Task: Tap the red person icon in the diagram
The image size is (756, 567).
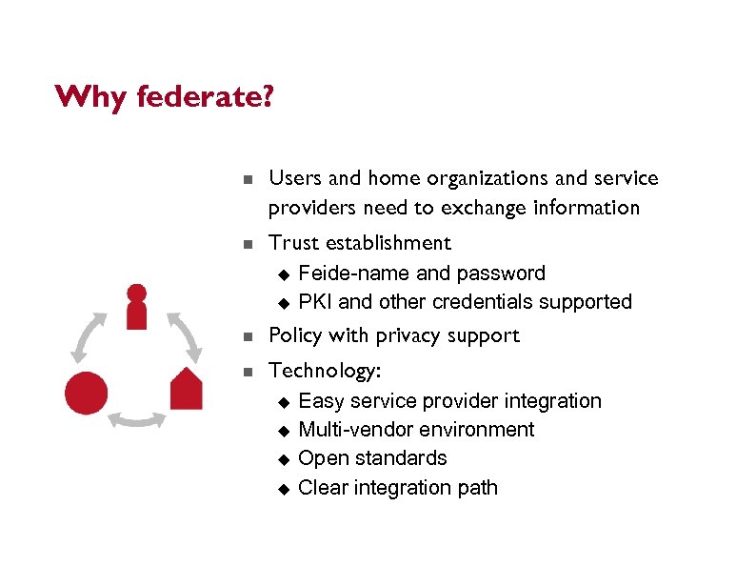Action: pyautogui.click(x=137, y=305)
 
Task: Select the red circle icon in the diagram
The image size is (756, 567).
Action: pyautogui.click(x=86, y=392)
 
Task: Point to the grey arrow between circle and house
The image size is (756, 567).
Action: pyautogui.click(x=137, y=419)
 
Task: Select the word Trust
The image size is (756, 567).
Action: pyautogui.click(x=295, y=243)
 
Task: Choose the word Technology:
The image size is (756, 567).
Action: pyautogui.click(x=324, y=371)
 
